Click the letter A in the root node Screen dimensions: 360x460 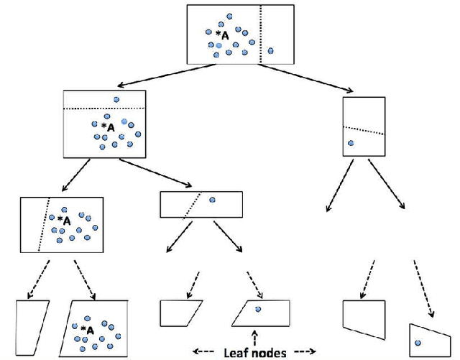[x=225, y=34]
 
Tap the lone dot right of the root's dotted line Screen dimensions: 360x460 [x=270, y=50]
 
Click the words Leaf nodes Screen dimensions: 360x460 [x=256, y=352]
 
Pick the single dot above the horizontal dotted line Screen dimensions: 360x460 [x=116, y=100]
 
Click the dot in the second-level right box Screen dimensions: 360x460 [x=351, y=143]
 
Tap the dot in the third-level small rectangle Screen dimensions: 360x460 [x=212, y=199]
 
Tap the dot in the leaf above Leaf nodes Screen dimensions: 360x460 [x=258, y=309]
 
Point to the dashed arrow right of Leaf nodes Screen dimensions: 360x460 [x=303, y=352]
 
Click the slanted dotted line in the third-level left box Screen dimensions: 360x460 [x=43, y=223]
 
